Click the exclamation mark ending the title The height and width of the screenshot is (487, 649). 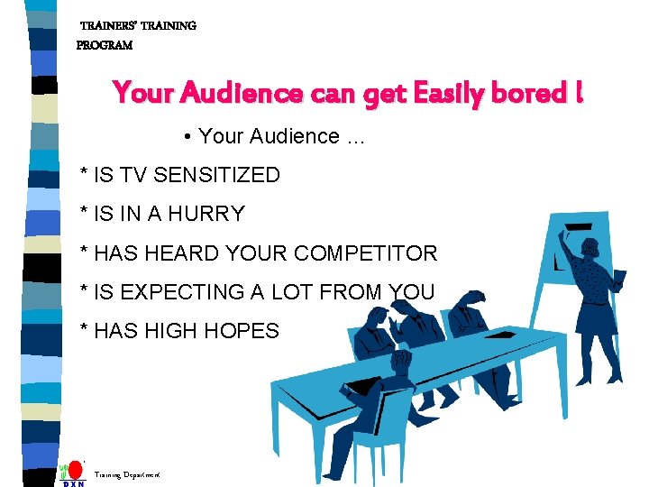[576, 93]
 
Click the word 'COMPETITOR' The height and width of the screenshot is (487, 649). [365, 253]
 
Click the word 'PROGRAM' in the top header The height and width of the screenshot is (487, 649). [105, 45]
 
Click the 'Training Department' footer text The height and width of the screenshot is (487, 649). [127, 473]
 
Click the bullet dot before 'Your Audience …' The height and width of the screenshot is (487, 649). [185, 137]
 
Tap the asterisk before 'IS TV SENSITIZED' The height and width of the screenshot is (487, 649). [84, 173]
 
